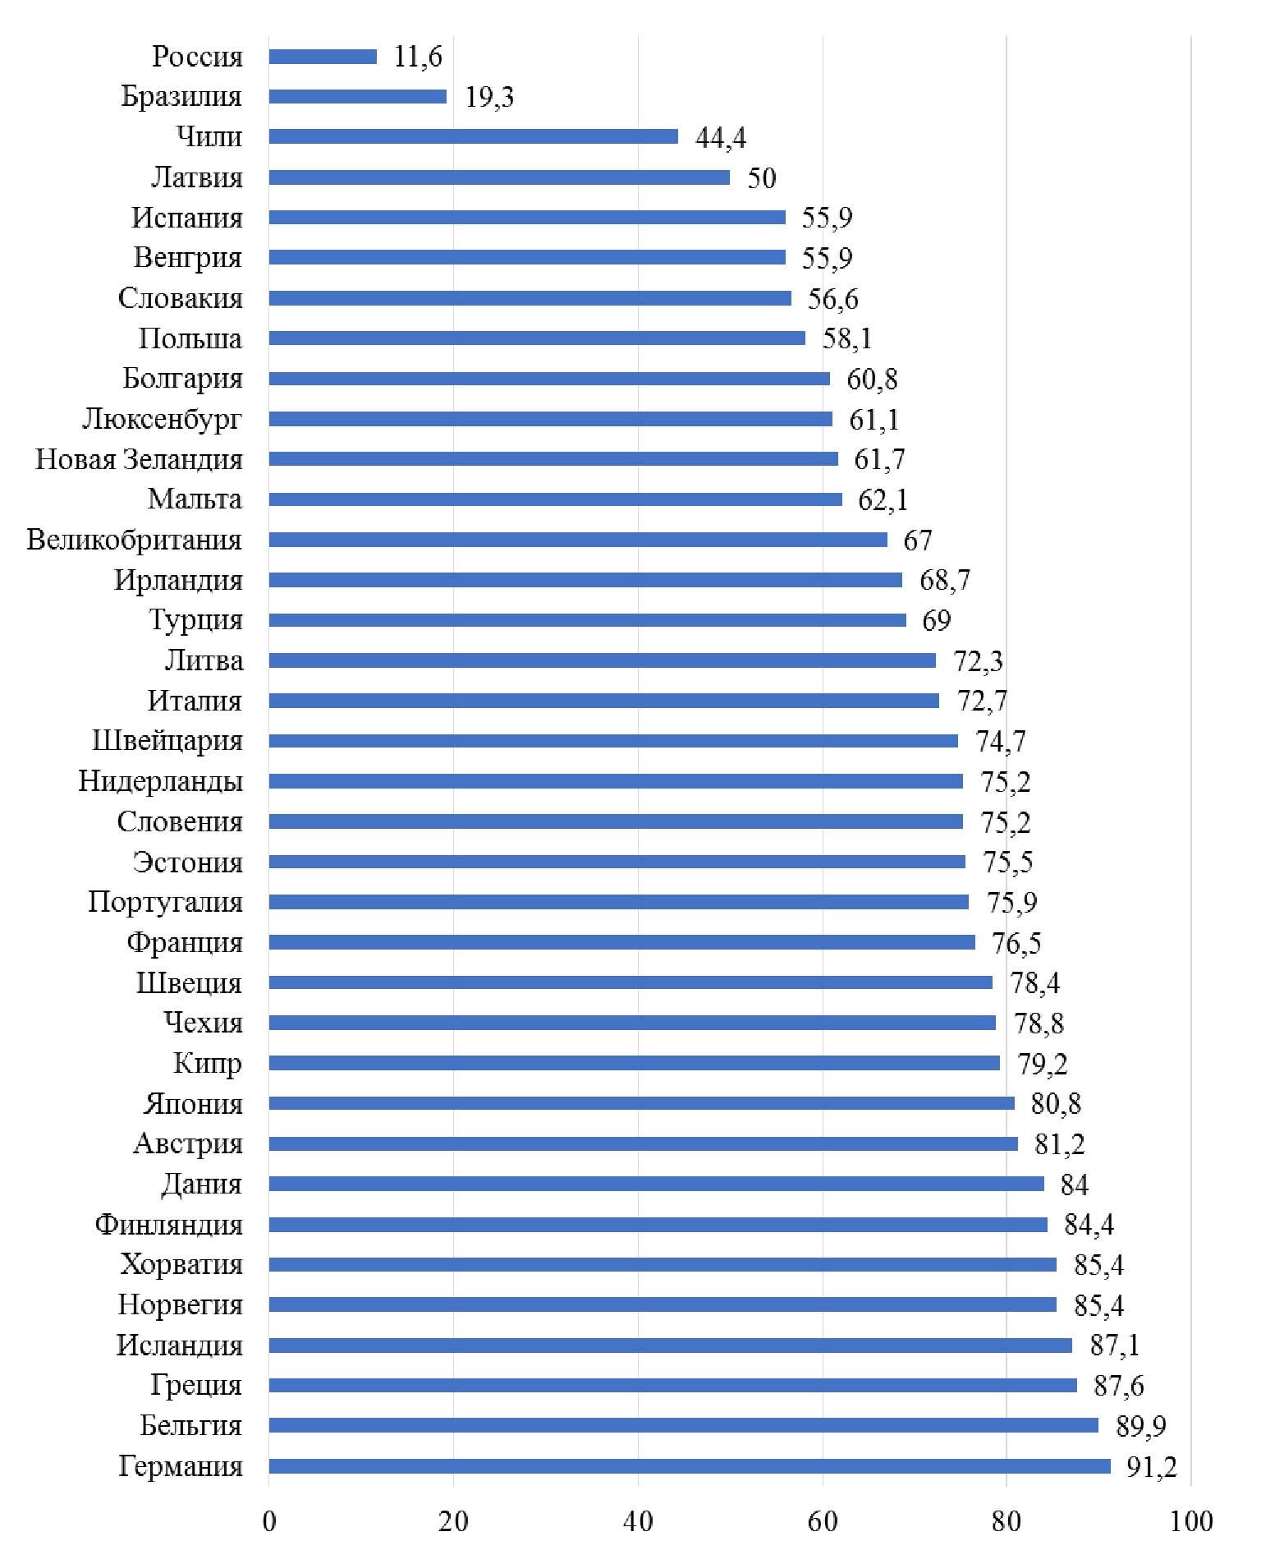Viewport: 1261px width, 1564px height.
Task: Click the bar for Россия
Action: pyautogui.click(x=323, y=57)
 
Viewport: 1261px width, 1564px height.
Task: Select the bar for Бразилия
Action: pyautogui.click(x=358, y=97)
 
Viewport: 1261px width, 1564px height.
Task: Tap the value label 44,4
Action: pyautogui.click(x=720, y=137)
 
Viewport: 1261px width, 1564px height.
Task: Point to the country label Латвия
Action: pyautogui.click(x=197, y=177)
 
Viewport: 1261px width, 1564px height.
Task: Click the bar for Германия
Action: pyautogui.click(x=690, y=1466)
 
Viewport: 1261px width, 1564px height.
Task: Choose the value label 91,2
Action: pyautogui.click(x=1151, y=1467)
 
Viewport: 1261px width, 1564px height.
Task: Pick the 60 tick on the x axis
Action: pyautogui.click(x=823, y=1521)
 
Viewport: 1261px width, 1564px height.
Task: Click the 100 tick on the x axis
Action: pyautogui.click(x=1191, y=1521)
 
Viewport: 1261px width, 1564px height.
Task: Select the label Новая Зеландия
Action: pyautogui.click(x=139, y=459)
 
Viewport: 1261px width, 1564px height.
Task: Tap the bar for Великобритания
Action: pyautogui.click(x=578, y=540)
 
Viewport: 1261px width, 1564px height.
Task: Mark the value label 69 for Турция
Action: pyautogui.click(x=936, y=620)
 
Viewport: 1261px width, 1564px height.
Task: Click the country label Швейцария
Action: pyautogui.click(x=167, y=741)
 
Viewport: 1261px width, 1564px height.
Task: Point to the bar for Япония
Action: pyautogui.click(x=642, y=1103)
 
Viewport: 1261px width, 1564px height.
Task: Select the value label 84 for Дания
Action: pyautogui.click(x=1074, y=1184)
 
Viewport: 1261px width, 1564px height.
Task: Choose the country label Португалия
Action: pyautogui.click(x=165, y=902)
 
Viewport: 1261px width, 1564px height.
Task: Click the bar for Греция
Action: pyautogui.click(x=673, y=1386)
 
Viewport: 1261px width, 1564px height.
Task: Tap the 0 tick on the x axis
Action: pyautogui.click(x=269, y=1521)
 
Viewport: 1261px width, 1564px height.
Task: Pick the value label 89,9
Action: pyautogui.click(x=1140, y=1427)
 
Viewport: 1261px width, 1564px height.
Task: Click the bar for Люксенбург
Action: pyautogui.click(x=551, y=419)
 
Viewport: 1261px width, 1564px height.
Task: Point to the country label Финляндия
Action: pyautogui.click(x=168, y=1225)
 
